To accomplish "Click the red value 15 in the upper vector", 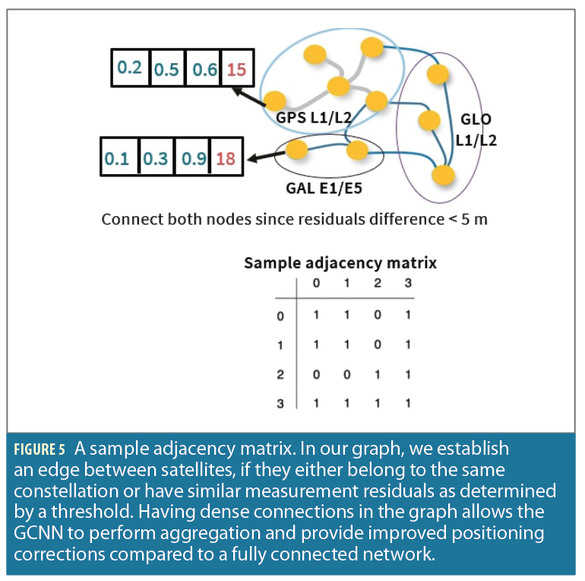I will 236,69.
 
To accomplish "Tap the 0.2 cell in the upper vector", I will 130,68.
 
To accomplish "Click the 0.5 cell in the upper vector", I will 167,69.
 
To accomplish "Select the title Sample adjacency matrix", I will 340,263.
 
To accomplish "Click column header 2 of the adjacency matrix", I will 378,284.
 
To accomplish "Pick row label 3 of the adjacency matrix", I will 280,404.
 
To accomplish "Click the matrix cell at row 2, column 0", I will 317,374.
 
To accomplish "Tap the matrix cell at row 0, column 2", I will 378,315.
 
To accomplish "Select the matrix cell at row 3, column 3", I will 408,404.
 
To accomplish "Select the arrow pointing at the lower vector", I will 263,158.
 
